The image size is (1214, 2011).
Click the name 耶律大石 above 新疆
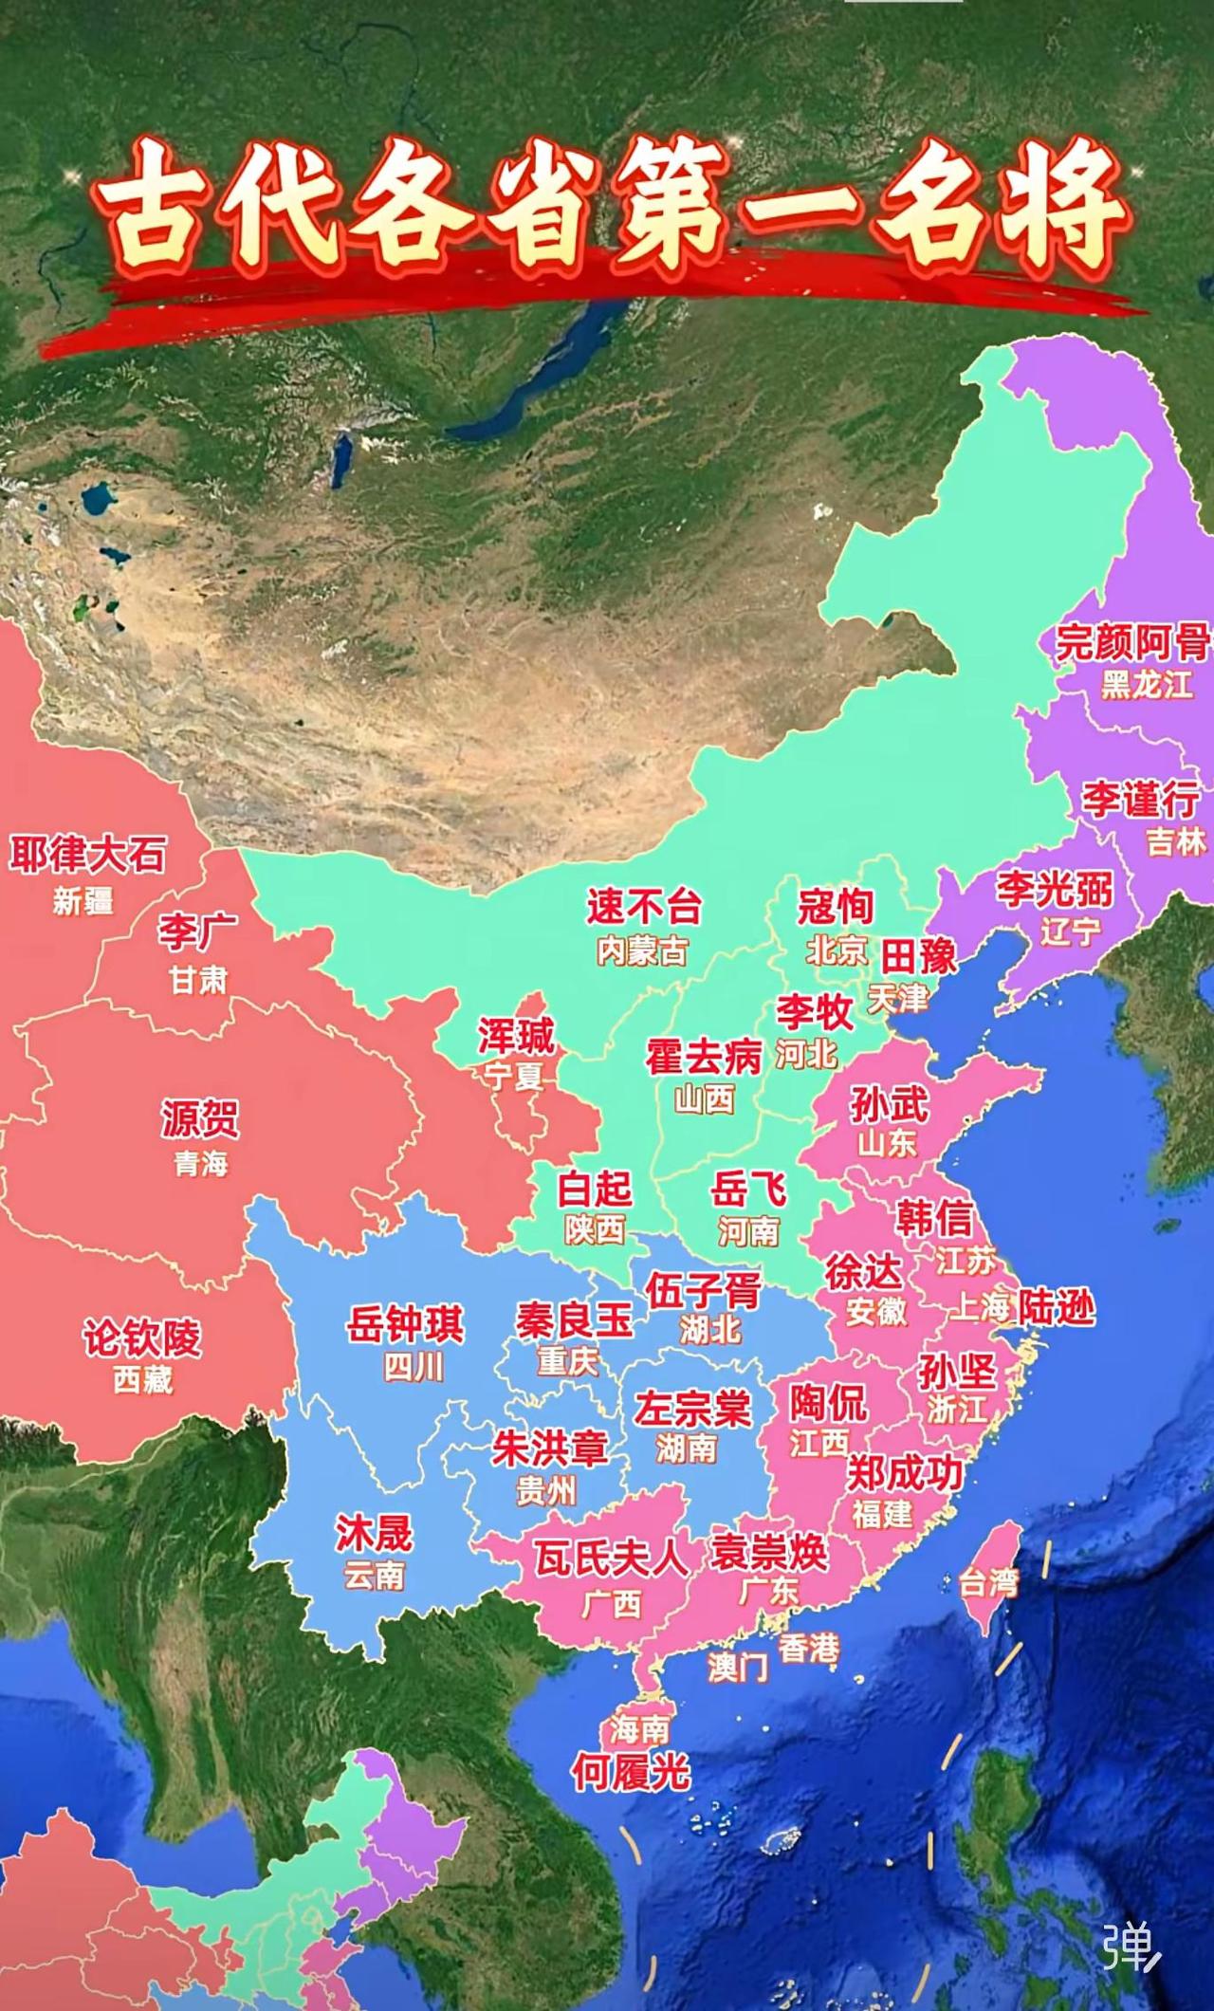[x=87, y=855]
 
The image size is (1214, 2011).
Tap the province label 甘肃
[x=198, y=979]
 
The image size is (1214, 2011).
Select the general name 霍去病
[x=704, y=1057]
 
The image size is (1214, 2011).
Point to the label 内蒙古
[x=642, y=950]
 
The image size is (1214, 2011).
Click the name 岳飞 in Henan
[x=748, y=1188]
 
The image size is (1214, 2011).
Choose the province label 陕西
[x=595, y=1229]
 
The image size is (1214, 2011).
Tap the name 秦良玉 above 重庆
[x=575, y=1319]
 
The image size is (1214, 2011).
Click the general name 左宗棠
[x=692, y=1408]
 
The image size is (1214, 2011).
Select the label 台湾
[x=987, y=1581]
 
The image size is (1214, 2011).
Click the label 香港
[x=808, y=1649]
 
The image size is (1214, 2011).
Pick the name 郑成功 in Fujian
[x=904, y=1473]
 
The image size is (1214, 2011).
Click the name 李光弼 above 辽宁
[x=1054, y=889]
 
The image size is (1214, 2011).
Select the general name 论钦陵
[x=142, y=1338]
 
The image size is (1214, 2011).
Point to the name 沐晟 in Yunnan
[x=374, y=1532]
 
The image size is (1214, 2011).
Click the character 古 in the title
[x=152, y=209]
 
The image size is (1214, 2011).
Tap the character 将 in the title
[x=1067, y=209]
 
